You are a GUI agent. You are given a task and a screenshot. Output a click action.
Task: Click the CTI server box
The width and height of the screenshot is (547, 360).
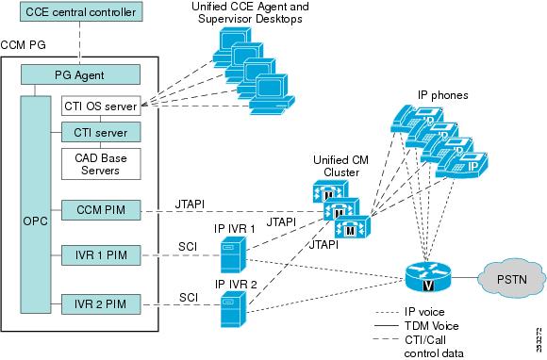(x=101, y=131)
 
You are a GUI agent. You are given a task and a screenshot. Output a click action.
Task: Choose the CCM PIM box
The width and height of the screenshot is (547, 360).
(x=101, y=208)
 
